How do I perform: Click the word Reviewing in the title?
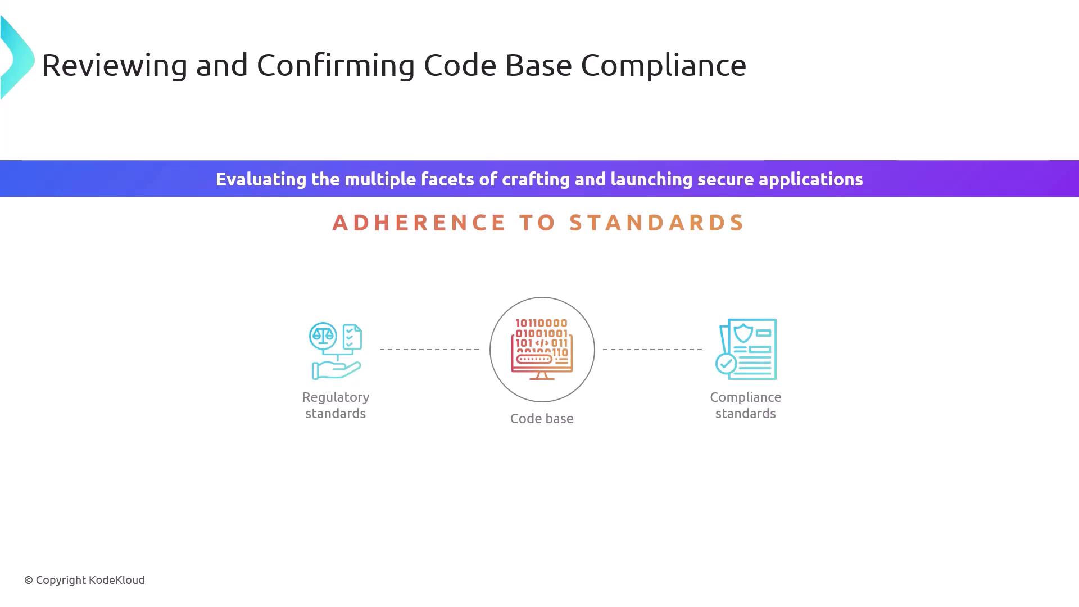point(115,66)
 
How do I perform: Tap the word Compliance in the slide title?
point(663,66)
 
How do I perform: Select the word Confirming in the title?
point(336,66)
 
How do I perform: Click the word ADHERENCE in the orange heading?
point(419,223)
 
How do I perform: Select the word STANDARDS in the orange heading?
point(657,223)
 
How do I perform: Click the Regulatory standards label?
point(336,405)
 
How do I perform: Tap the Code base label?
point(542,419)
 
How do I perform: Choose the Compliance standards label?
point(746,405)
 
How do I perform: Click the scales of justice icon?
point(323,336)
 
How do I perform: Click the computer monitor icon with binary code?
point(542,349)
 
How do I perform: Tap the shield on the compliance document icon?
point(743,333)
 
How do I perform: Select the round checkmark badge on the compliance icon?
point(726,364)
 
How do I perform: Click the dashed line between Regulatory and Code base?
point(429,350)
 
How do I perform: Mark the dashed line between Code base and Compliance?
point(652,350)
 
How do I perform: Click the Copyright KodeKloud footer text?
point(84,581)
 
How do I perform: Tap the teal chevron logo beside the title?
point(17,58)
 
